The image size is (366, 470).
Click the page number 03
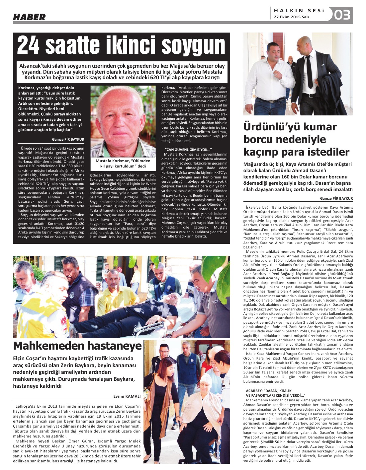[x=342, y=15]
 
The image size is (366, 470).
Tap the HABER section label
[x=29, y=17]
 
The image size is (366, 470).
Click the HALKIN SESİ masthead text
[x=299, y=11]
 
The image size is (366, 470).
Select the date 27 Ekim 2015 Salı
[x=291, y=17]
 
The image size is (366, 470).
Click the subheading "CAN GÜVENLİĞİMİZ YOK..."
[x=188, y=150]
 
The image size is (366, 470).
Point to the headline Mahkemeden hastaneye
[x=77, y=346]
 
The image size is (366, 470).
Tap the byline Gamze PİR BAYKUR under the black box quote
[x=68, y=139]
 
